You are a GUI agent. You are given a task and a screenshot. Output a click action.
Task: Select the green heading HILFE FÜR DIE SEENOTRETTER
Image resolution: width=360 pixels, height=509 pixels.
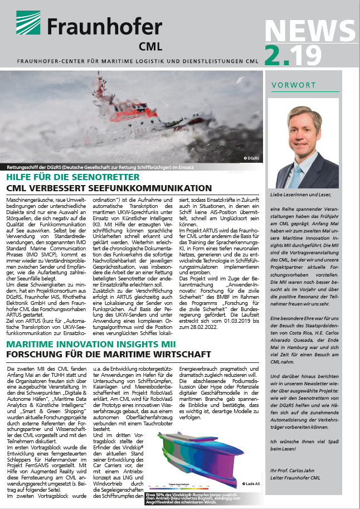pos(73,177)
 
